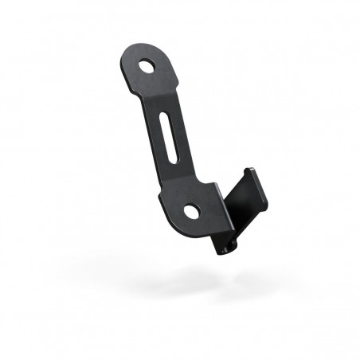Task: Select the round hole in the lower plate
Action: (x=192, y=210)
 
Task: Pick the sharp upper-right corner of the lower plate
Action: (x=217, y=185)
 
